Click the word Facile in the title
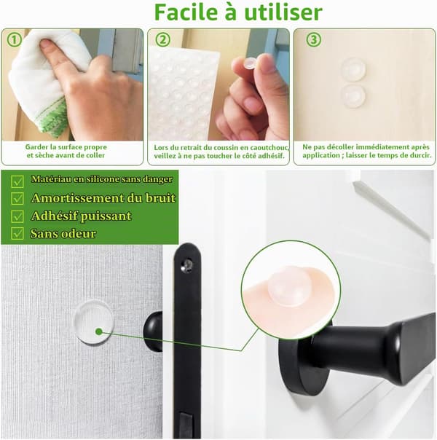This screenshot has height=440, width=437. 186,12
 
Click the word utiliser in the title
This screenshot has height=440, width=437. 283,12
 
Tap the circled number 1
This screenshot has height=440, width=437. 14,40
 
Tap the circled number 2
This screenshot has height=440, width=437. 162,40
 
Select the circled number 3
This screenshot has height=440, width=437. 313,40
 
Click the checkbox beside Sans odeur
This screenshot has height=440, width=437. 17,233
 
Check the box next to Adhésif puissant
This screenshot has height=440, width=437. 17,216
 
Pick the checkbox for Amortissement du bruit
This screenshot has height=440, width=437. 17,198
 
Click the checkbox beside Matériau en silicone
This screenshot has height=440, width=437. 17,181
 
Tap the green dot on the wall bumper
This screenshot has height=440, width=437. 98,331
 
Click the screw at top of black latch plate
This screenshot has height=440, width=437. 186,264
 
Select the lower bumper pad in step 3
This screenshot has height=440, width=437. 353,95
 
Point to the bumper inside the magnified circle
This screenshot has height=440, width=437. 288,286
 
